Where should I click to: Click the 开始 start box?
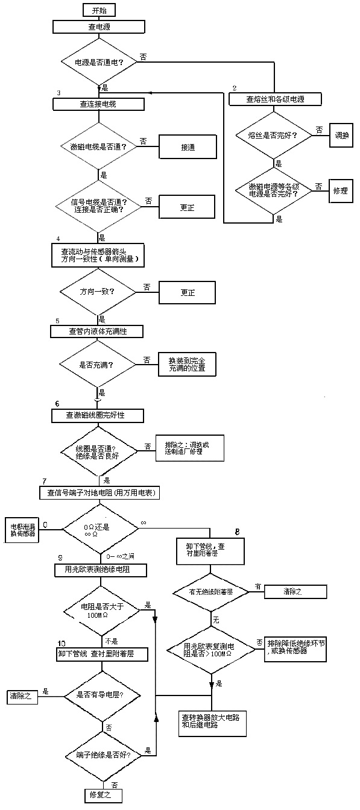click(98, 10)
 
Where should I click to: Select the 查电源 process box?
click(98, 27)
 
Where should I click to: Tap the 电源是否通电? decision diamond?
click(98, 61)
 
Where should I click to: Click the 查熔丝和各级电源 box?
click(274, 99)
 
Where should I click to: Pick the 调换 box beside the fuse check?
click(341, 135)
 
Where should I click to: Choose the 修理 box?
click(341, 190)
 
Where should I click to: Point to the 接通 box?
click(186, 147)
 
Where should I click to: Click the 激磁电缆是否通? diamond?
click(98, 147)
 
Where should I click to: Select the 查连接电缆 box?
click(98, 104)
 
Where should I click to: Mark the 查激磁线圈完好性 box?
click(97, 415)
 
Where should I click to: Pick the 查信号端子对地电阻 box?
click(98, 492)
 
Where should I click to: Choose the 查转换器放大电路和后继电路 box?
click(213, 720)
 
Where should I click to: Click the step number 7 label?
click(45, 482)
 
